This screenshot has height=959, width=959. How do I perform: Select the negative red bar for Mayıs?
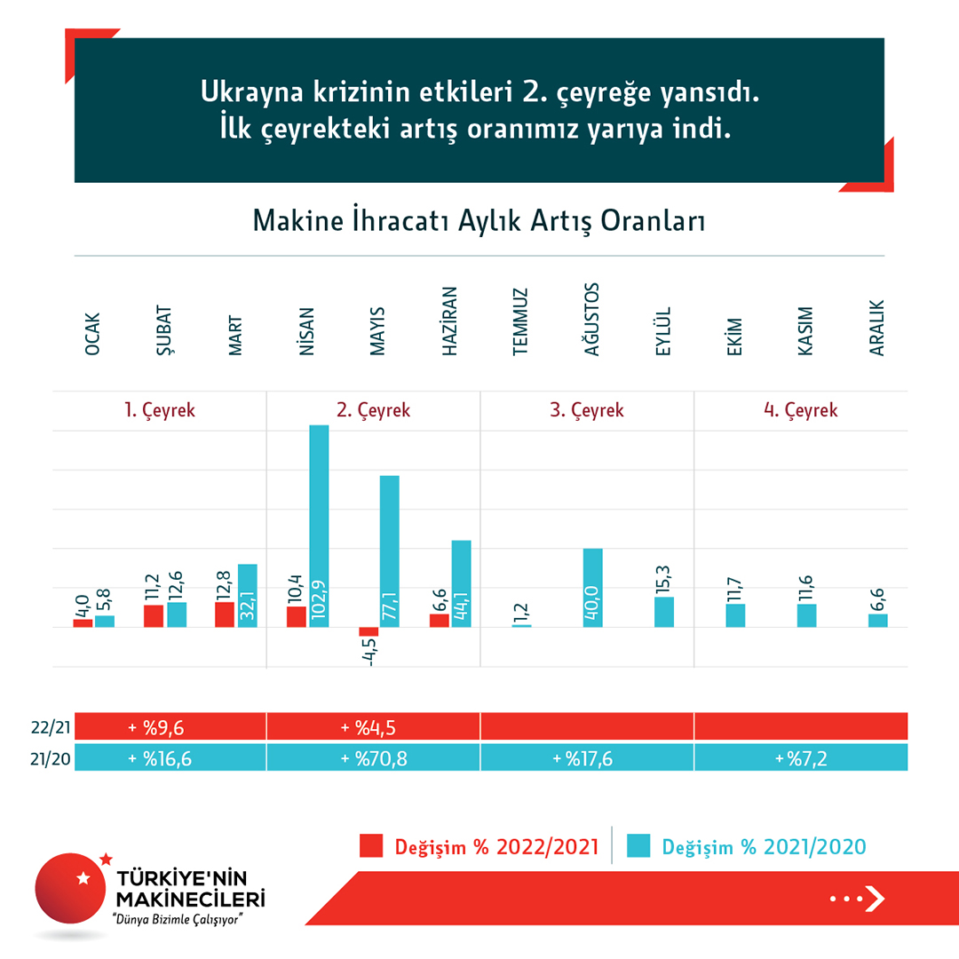pos(369,631)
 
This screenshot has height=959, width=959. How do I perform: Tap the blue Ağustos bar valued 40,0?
pos(593,588)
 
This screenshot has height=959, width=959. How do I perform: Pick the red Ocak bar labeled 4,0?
pos(83,622)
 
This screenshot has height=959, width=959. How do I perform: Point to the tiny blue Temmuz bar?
pos(522,626)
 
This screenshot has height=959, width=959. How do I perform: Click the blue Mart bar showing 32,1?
pos(248,596)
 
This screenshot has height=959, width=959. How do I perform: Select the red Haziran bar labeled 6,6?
pos(440,620)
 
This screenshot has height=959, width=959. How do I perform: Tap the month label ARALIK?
pos(877,333)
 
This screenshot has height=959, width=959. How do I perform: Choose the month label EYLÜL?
pos(662,332)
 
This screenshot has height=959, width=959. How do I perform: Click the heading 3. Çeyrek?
pos(587,411)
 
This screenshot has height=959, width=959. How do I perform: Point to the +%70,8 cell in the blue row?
pos(374,758)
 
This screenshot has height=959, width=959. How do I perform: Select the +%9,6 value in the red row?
pos(160,727)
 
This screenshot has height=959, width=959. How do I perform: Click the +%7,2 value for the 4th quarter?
pos(801,758)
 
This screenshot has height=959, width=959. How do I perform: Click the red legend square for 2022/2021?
pos(370,845)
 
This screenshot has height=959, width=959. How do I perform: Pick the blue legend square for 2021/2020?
pos(638,845)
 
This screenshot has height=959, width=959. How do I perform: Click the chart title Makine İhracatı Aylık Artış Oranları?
pos(479,220)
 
